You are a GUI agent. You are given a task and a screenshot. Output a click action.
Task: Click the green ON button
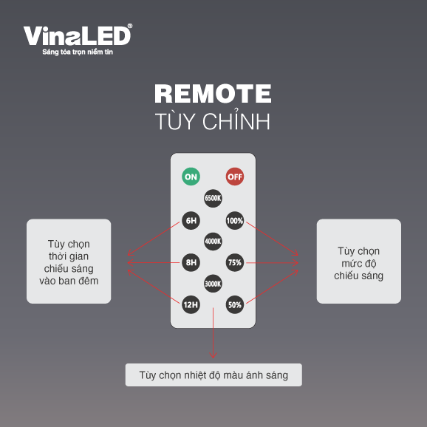[x=191, y=177]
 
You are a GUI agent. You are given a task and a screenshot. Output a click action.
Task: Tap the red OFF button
[x=235, y=177]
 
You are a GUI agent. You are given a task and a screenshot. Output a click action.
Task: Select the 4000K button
[x=213, y=242]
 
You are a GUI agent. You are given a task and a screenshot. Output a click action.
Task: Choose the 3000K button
[x=213, y=284]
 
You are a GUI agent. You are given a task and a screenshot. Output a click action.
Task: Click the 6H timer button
[x=191, y=220]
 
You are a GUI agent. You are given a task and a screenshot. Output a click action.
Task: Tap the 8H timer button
[x=191, y=262]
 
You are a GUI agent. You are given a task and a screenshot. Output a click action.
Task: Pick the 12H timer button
[x=191, y=304]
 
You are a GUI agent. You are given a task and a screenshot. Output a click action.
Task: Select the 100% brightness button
[x=235, y=220]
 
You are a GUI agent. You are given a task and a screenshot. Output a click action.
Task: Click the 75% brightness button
[x=235, y=262]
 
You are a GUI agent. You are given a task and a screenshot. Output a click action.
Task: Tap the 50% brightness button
[x=235, y=304]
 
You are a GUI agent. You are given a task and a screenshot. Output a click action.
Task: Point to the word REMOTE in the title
[x=213, y=93]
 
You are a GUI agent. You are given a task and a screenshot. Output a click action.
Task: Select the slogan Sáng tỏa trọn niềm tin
[x=78, y=52]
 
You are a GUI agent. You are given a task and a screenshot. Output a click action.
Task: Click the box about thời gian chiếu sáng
[x=69, y=262]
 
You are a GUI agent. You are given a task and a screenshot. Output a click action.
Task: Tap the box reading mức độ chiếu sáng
[x=359, y=262]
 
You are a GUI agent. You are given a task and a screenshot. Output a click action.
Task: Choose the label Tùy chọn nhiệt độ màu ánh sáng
[x=213, y=375]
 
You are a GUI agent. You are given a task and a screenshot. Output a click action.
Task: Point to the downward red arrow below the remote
[x=213, y=332]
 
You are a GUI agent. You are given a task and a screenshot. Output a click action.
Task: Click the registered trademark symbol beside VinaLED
[x=130, y=26]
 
